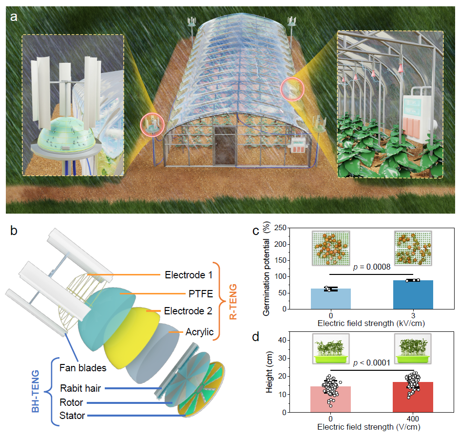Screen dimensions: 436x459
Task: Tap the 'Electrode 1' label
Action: [188, 275]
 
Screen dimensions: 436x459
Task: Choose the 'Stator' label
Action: [72, 416]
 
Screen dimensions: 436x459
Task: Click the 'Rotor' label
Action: [72, 402]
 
